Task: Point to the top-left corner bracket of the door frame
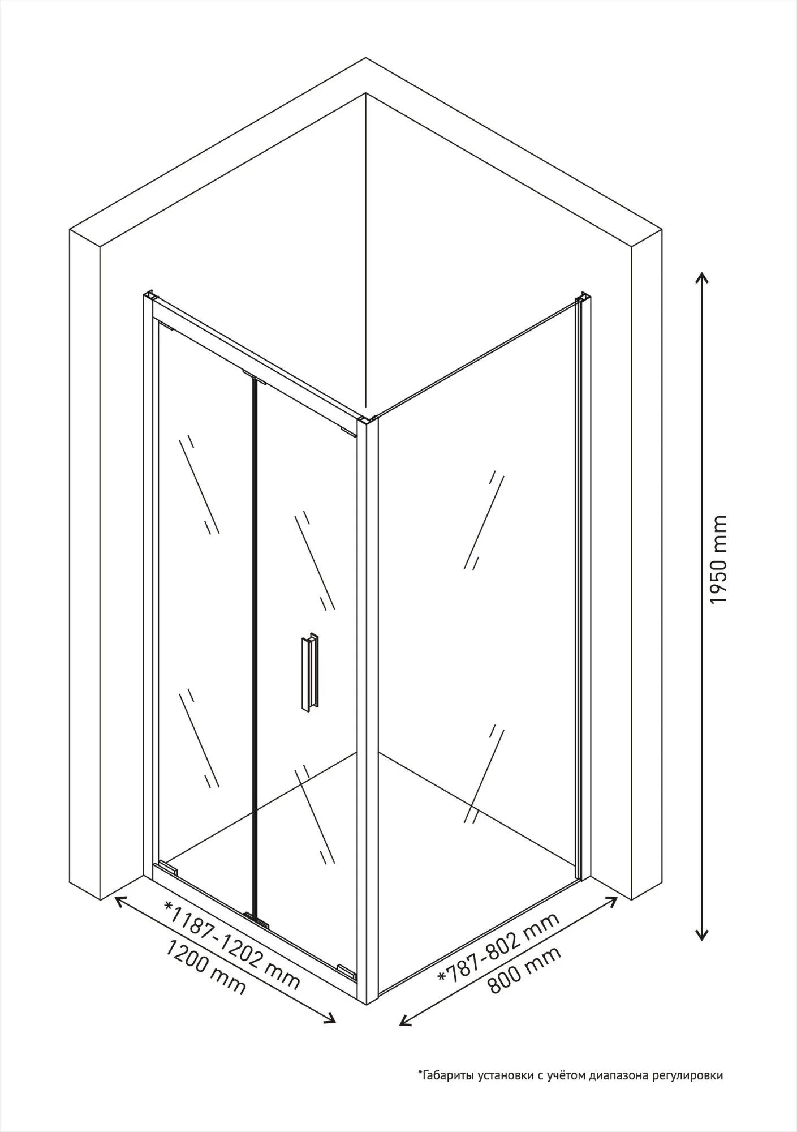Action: [x=150, y=297]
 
